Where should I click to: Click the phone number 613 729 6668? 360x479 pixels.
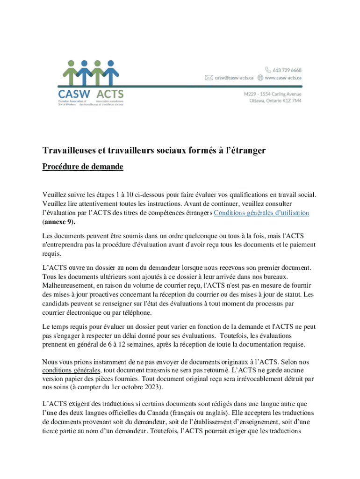288,70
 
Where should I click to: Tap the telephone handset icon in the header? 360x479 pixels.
269,70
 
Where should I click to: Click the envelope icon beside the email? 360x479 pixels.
209,78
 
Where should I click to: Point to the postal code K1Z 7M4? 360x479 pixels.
292,101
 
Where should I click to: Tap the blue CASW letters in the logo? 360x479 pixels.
74,94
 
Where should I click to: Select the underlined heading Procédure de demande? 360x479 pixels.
83,167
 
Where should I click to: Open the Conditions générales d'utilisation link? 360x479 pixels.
261,213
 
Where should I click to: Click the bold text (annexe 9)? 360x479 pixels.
58,221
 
